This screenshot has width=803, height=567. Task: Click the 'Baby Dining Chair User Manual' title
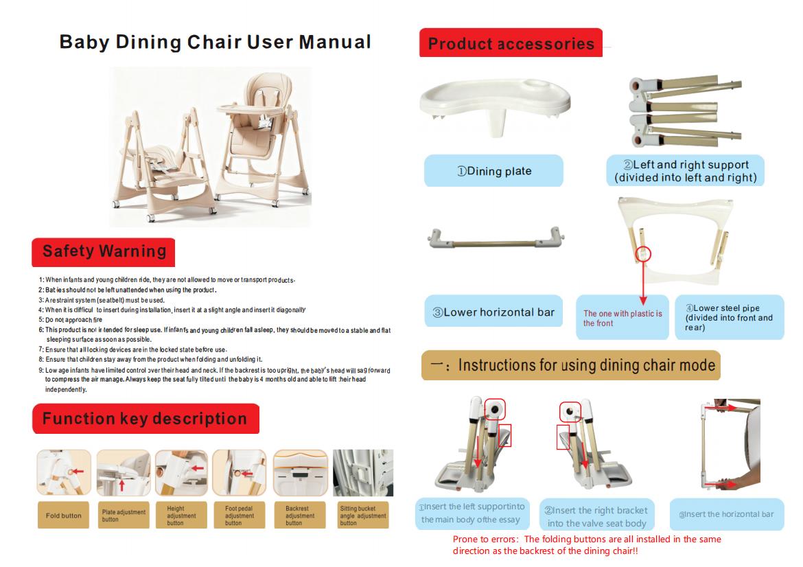click(215, 42)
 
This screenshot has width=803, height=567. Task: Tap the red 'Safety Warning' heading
click(104, 251)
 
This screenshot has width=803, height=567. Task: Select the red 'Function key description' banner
click(145, 419)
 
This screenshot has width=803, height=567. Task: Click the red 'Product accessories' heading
click(511, 44)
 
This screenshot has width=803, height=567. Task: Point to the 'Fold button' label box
click(63, 516)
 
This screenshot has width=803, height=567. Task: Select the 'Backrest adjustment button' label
click(299, 516)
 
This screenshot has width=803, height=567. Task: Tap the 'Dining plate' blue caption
click(493, 171)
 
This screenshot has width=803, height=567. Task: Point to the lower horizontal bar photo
click(494, 240)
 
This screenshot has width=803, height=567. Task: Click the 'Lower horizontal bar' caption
click(493, 312)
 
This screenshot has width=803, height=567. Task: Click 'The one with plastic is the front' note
click(622, 318)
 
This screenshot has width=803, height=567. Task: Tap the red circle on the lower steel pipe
click(643, 254)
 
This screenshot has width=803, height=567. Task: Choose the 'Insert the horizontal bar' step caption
click(726, 514)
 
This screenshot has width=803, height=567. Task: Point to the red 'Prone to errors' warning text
click(587, 545)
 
